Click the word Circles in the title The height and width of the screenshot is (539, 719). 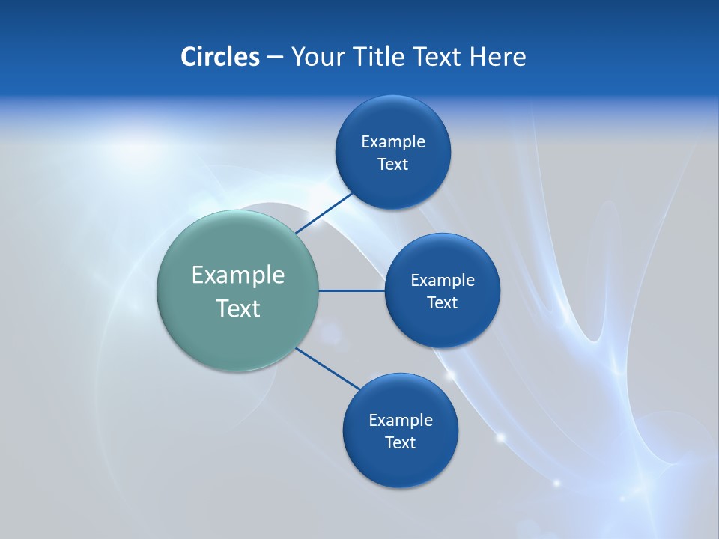click(219, 57)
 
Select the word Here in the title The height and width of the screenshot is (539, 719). click(497, 57)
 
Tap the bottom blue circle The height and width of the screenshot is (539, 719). click(401, 464)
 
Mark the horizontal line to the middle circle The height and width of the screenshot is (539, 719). click(352, 290)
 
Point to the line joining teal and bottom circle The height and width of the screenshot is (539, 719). click(328, 368)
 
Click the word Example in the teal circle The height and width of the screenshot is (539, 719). click(238, 275)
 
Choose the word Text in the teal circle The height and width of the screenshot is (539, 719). click(238, 308)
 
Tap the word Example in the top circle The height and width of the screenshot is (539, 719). click(393, 142)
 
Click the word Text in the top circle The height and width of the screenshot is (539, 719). click(393, 165)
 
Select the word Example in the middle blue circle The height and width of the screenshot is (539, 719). click(443, 281)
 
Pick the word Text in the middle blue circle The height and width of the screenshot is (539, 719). click(443, 303)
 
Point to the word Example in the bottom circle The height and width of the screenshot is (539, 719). click(401, 421)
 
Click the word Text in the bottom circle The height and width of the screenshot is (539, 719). click(401, 443)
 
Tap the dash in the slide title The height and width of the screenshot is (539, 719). click(275, 57)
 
